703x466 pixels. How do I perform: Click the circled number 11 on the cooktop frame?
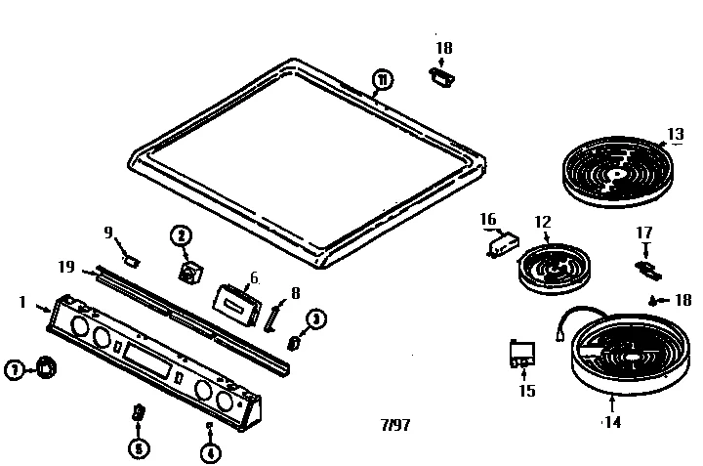coord(381,79)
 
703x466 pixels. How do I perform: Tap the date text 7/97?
coord(394,426)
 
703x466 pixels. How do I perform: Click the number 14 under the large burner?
coord(613,423)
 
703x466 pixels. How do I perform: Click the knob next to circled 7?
coord(44,366)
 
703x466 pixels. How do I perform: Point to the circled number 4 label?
coord(208,451)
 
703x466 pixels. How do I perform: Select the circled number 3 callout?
coord(315,318)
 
